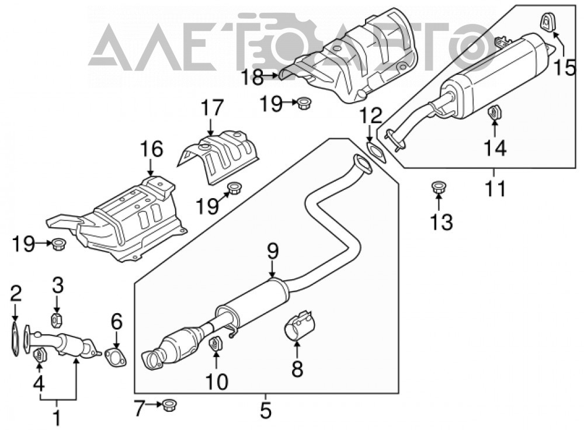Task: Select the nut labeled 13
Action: tap(439, 187)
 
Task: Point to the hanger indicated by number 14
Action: tap(494, 113)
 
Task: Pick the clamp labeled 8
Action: tap(300, 324)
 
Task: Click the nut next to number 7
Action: tap(169, 405)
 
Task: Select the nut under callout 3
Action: tap(56, 320)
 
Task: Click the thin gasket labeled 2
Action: tap(14, 339)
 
